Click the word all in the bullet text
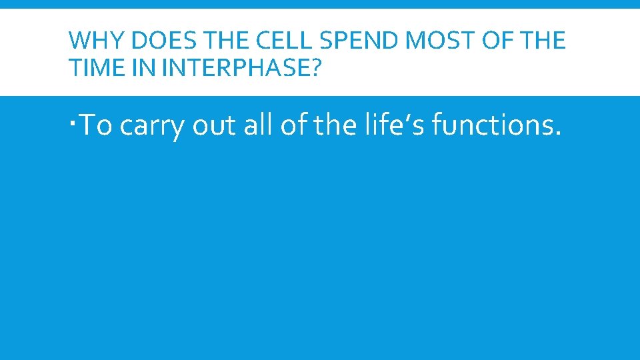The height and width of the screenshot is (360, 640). tap(258, 125)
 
